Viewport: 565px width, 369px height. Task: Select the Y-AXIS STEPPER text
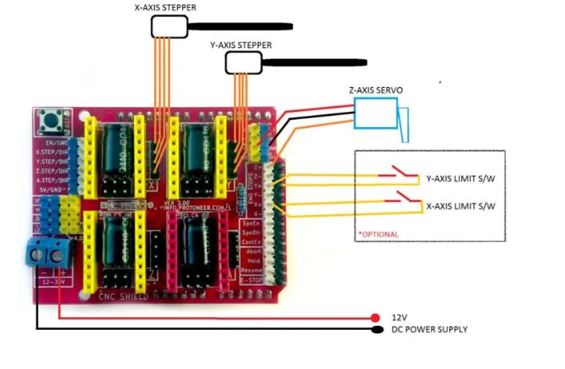click(x=240, y=45)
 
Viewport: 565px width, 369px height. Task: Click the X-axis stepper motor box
click(x=168, y=27)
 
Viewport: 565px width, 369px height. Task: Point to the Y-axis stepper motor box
click(x=242, y=62)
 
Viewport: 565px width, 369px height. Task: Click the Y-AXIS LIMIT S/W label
click(x=461, y=179)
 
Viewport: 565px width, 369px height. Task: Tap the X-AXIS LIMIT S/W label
click(x=461, y=206)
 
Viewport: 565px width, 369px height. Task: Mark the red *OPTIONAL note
click(x=378, y=234)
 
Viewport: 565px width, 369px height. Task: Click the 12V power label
click(x=398, y=316)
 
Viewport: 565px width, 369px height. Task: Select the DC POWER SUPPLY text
click(x=429, y=329)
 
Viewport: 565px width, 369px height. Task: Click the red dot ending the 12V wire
click(x=376, y=317)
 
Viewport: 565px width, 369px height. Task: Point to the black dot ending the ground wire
click(x=376, y=329)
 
